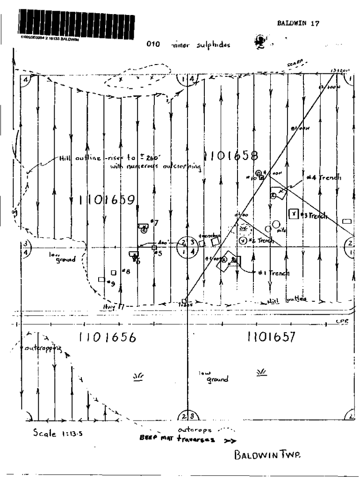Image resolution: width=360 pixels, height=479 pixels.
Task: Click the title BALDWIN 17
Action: tap(298, 25)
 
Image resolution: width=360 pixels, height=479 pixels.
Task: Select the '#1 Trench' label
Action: tap(273, 273)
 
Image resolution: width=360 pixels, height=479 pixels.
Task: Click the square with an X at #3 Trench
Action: tap(294, 214)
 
